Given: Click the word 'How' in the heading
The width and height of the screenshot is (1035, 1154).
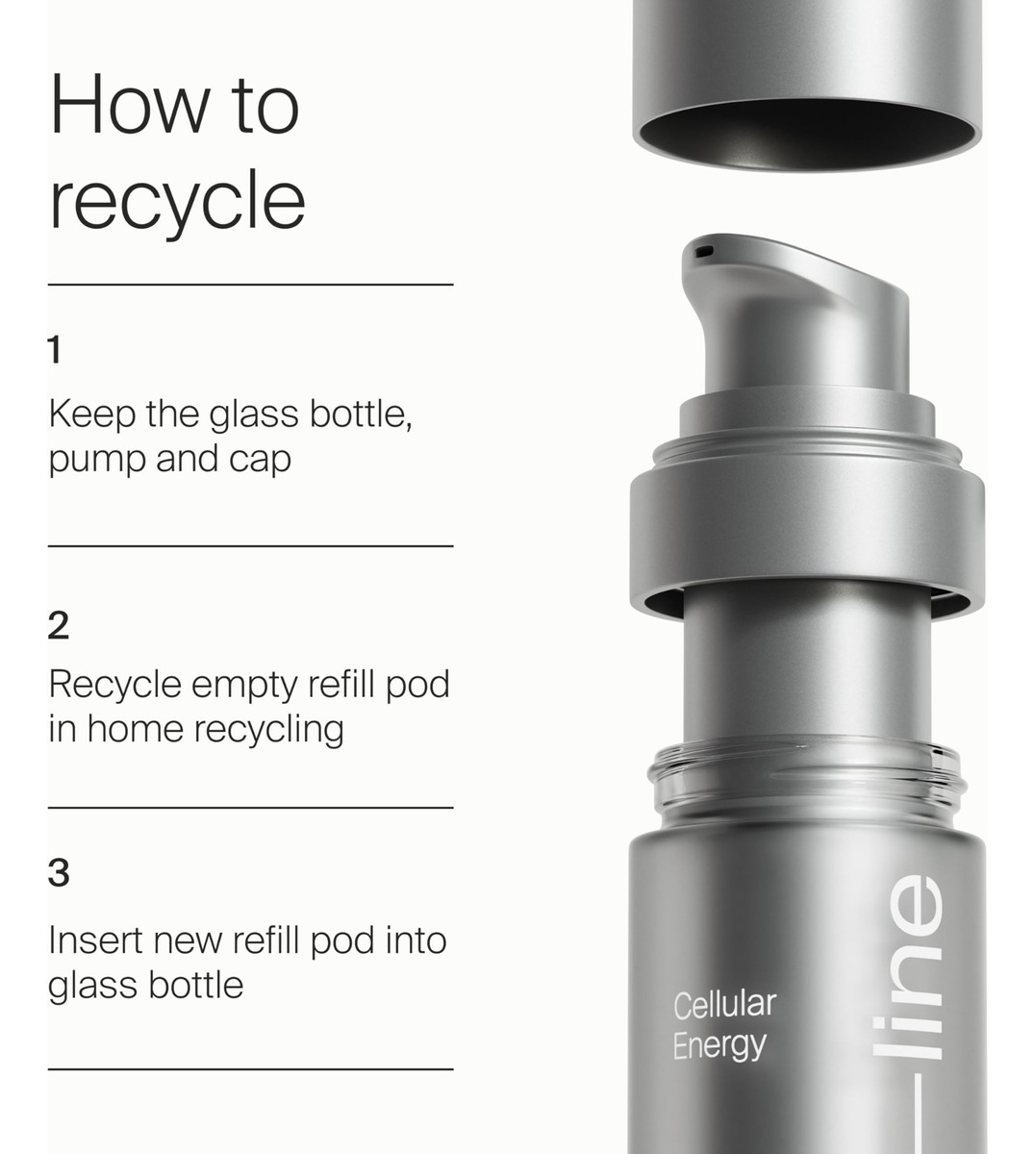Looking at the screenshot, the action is [x=130, y=104].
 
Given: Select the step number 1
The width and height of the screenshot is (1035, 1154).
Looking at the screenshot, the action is [x=55, y=349].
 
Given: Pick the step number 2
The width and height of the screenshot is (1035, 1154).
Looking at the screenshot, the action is [x=59, y=625].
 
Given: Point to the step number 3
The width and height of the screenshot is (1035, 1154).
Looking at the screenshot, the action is [x=59, y=872].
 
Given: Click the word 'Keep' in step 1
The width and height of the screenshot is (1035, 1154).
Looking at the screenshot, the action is [x=92, y=415].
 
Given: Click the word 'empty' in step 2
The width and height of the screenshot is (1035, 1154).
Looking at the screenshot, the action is [x=244, y=686].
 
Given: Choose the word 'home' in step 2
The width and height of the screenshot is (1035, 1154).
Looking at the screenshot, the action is [x=136, y=729].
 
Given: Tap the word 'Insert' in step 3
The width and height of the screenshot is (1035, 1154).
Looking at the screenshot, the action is [x=96, y=941].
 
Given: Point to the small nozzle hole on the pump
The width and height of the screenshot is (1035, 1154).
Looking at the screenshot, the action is [x=704, y=251].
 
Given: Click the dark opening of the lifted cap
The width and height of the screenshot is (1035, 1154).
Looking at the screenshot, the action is [x=807, y=134].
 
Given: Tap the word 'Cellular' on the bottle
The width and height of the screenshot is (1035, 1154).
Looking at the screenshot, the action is [x=724, y=1005].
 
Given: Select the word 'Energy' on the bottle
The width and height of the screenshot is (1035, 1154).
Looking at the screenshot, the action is [x=719, y=1045].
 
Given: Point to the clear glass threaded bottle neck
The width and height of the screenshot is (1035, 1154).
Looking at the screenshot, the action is [x=806, y=780].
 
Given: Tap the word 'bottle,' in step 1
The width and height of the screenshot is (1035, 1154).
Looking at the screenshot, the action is [x=360, y=414].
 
